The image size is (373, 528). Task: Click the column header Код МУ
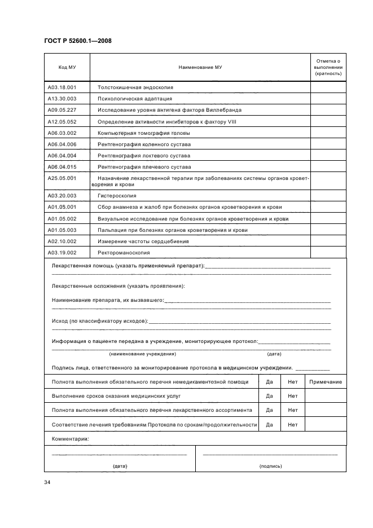(x=67, y=67)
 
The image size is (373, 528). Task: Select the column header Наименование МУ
(x=200, y=67)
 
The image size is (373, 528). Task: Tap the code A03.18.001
(x=62, y=87)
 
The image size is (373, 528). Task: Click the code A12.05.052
(x=62, y=121)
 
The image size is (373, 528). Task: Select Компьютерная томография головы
(x=143, y=133)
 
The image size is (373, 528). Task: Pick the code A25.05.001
(x=62, y=178)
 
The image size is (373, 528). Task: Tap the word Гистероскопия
(x=117, y=196)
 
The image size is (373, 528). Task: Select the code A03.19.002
(x=62, y=252)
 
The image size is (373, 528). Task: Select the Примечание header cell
(x=325, y=382)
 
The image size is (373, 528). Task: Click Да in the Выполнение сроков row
(x=269, y=396)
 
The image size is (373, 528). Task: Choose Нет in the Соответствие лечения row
(x=292, y=425)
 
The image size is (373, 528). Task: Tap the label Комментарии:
(x=71, y=438)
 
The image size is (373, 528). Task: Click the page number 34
(x=47, y=482)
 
